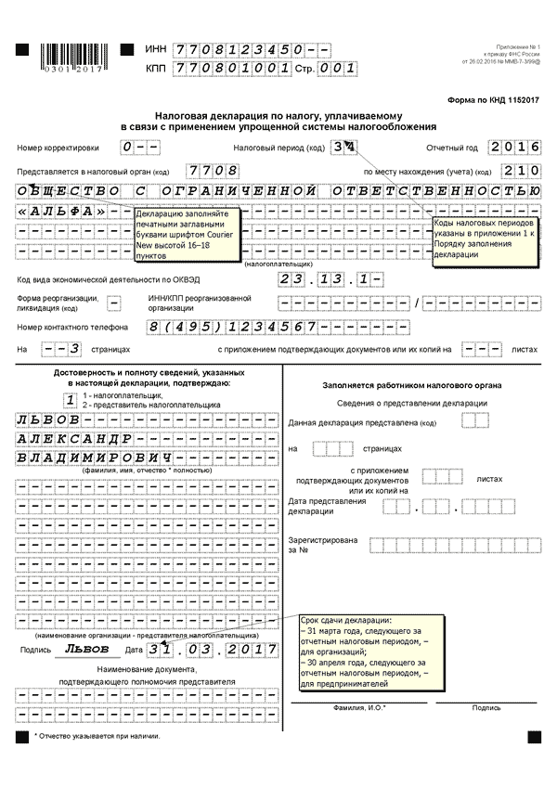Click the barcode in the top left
click(x=65, y=57)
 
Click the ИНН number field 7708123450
click(x=239, y=48)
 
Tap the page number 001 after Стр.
click(x=336, y=68)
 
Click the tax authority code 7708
click(x=213, y=171)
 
